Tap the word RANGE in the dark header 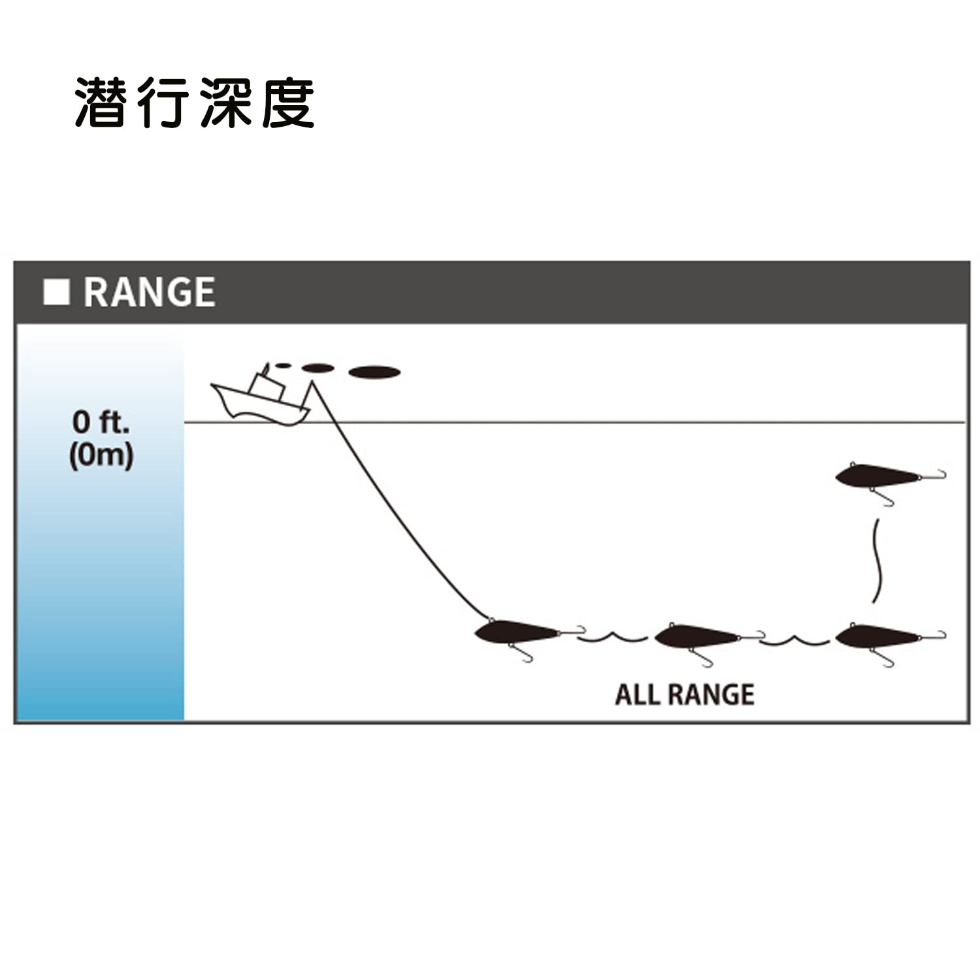click(150, 292)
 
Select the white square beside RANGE click(56, 292)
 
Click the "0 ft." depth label click(101, 422)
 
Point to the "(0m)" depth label click(101, 455)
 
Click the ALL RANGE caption click(685, 694)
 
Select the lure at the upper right click(879, 475)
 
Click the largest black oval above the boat click(374, 372)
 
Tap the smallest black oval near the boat click(283, 365)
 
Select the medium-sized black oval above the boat click(318, 368)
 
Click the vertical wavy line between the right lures click(878, 561)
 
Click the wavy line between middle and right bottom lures click(794, 640)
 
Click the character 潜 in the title click(100, 103)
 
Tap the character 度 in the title click(288, 103)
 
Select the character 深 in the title click(225, 103)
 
